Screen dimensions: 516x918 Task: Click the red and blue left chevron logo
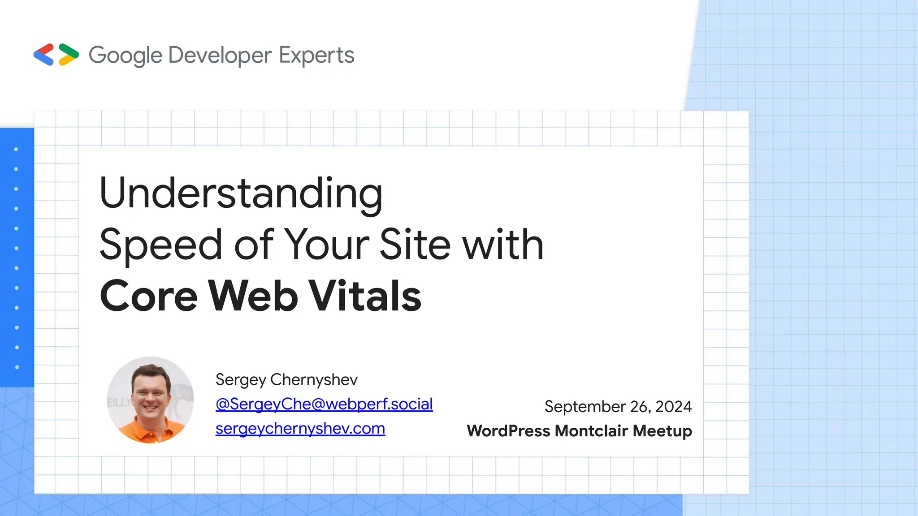point(44,55)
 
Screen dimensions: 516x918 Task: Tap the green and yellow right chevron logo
point(69,55)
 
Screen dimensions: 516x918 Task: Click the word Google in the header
point(126,56)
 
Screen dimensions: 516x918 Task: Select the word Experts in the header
point(316,56)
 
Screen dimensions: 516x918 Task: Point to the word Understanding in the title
point(241,193)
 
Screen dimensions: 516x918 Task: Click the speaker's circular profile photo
point(151,400)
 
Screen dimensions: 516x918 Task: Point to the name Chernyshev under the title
point(314,380)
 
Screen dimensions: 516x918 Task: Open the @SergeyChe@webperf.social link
point(324,404)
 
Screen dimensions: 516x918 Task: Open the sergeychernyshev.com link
point(300,429)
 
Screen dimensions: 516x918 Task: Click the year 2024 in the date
point(673,407)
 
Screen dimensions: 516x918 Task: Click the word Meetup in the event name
point(663,431)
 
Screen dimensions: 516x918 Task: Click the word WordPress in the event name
point(508,431)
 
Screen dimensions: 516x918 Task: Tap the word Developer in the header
point(220,56)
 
